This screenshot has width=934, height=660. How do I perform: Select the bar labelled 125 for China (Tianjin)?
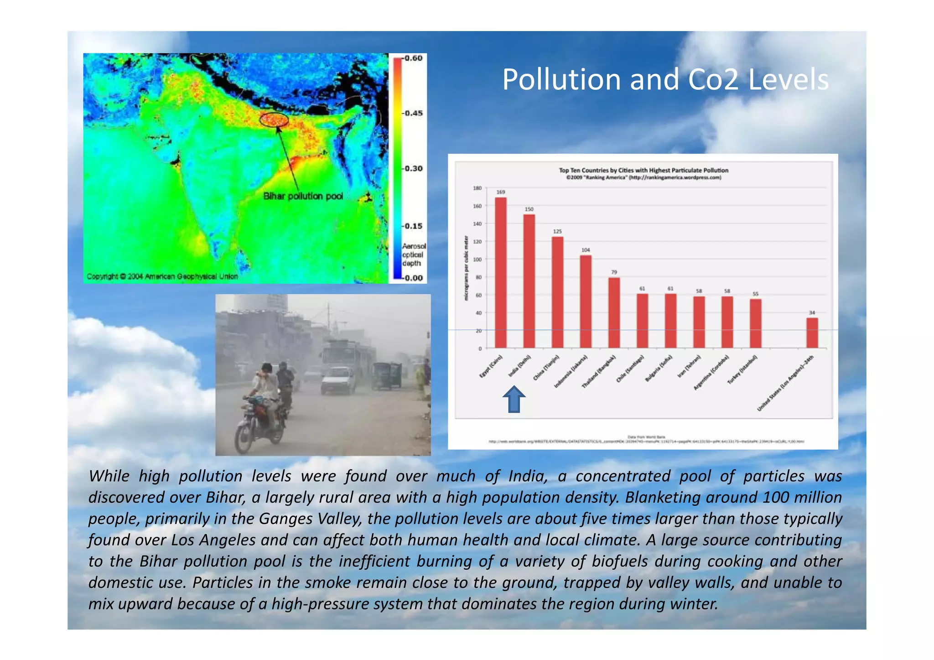click(x=557, y=292)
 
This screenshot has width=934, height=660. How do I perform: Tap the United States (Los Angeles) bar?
click(x=812, y=333)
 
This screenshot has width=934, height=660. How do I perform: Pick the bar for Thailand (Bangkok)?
click(x=614, y=312)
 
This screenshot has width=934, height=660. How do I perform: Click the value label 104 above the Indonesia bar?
click(x=586, y=250)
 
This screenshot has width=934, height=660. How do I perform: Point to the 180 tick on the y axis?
click(x=477, y=188)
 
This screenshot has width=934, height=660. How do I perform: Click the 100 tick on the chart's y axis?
click(x=477, y=260)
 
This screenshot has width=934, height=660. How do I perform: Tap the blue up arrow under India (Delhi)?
click(x=514, y=399)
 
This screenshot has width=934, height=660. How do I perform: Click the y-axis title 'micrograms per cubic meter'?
click(x=466, y=268)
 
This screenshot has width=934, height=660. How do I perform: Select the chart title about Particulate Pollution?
click(x=643, y=170)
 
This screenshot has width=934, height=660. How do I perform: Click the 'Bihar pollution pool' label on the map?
click(x=303, y=196)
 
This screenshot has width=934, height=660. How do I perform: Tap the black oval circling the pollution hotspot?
click(x=274, y=120)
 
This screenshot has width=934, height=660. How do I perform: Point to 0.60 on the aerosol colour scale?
click(x=413, y=58)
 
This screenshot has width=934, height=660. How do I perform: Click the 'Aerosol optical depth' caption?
click(x=413, y=255)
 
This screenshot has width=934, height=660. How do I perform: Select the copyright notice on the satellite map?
click(x=162, y=276)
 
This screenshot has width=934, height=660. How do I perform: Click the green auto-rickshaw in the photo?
click(x=387, y=375)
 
